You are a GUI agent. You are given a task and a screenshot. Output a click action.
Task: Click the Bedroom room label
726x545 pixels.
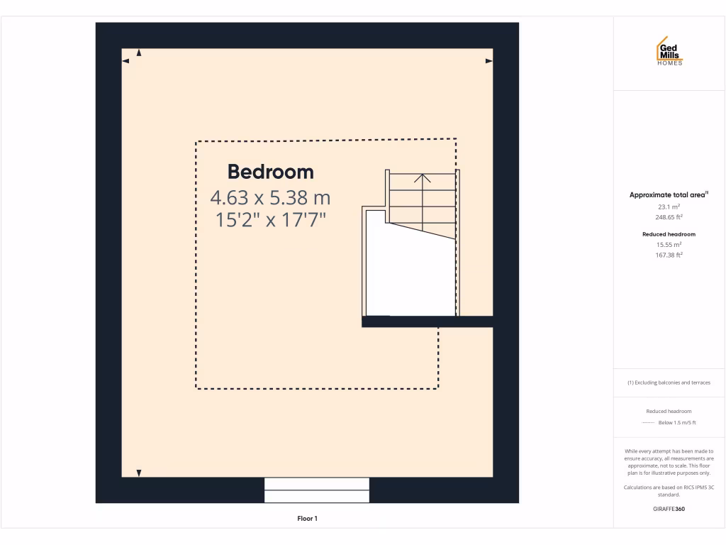270,172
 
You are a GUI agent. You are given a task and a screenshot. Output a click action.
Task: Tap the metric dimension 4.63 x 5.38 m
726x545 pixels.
270,197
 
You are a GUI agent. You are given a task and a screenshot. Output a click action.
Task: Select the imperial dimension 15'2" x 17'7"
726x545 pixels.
270,220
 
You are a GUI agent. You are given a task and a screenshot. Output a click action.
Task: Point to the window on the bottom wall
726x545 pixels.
317,490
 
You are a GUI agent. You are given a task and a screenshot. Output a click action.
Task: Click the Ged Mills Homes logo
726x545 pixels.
669,52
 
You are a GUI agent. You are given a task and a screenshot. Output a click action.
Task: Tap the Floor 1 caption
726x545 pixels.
307,519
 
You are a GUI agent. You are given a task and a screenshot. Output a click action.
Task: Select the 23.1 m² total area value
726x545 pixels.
669,207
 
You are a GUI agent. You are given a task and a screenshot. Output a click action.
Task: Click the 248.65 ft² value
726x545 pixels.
669,217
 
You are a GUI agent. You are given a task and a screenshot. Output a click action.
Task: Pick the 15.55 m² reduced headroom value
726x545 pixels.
669,244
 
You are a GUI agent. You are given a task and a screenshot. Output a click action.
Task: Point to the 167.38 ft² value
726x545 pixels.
669,255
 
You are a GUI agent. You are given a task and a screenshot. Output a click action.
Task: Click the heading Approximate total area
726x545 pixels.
668,194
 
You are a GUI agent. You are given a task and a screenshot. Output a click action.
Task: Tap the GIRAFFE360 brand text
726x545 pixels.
669,509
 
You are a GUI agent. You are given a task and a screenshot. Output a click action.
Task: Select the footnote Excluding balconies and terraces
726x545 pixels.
669,382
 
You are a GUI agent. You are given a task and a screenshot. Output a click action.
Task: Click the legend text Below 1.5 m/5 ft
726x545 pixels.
677,422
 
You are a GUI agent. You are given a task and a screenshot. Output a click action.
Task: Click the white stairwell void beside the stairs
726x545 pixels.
410,273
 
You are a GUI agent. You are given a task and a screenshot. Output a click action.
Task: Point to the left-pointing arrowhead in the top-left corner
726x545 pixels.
125,61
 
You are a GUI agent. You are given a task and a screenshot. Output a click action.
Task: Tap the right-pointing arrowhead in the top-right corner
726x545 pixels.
489,61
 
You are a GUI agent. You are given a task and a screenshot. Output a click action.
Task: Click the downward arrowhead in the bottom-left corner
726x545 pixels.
139,473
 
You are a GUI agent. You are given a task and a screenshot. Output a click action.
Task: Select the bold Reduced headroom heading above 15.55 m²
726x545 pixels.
669,233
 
